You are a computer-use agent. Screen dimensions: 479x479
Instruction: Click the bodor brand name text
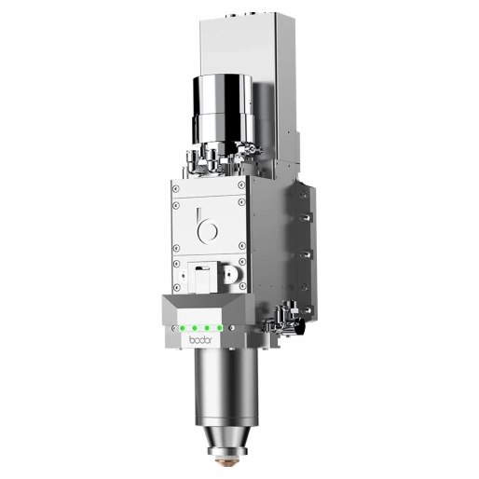(x=200, y=340)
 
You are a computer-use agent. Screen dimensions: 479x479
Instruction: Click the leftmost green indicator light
(x=183, y=328)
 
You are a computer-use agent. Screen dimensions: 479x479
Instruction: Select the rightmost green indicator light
(x=220, y=328)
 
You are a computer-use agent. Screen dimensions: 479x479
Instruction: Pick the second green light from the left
(x=195, y=328)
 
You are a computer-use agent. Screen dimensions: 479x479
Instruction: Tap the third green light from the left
(x=207, y=328)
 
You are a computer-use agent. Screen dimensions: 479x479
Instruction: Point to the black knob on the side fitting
(x=300, y=327)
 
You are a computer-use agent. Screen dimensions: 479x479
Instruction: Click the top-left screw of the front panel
(x=176, y=188)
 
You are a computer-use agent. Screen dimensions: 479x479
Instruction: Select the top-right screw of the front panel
(x=241, y=185)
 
